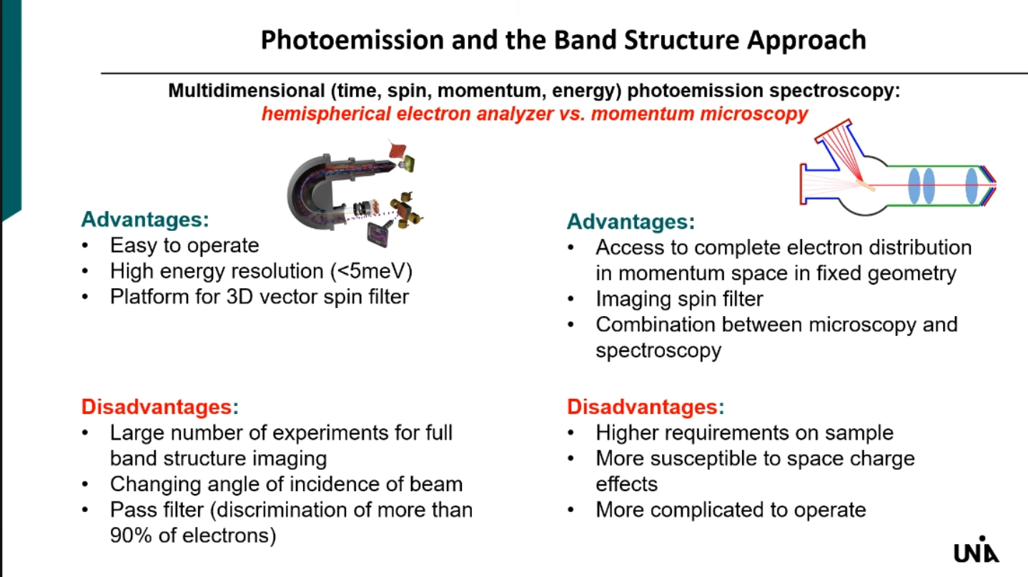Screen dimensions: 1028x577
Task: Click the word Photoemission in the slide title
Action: pos(352,40)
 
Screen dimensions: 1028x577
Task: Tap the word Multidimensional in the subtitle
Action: pos(247,91)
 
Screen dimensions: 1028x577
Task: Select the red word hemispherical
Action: pos(326,114)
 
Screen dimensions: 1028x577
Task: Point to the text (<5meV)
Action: pos(371,271)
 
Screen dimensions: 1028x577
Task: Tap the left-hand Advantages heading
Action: pos(145,220)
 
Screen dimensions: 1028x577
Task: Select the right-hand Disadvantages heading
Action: pos(646,407)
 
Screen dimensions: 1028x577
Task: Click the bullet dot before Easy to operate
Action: pos(85,245)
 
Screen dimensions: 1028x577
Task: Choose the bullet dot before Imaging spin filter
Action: pos(571,300)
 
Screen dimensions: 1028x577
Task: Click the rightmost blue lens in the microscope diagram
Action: pos(972,185)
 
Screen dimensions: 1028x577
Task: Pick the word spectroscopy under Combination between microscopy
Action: pos(658,351)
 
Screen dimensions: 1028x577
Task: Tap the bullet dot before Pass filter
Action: pos(85,510)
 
